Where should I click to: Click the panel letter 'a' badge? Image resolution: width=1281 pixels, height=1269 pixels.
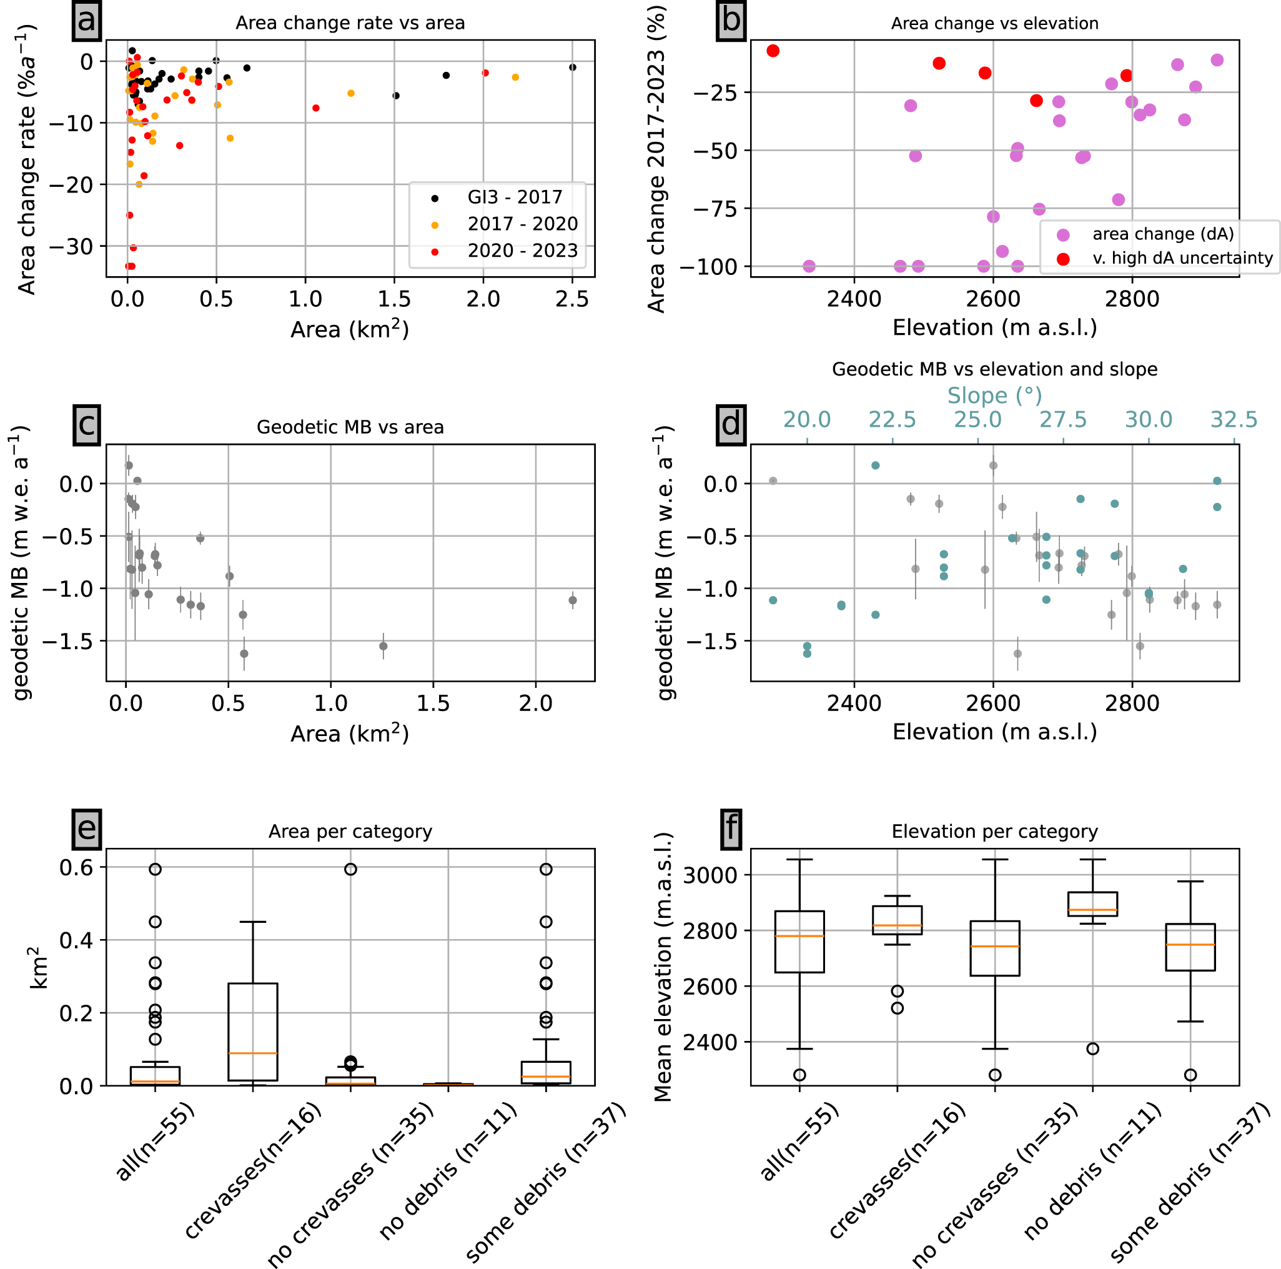point(87,20)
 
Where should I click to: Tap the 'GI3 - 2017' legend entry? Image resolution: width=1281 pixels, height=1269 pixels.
point(515,197)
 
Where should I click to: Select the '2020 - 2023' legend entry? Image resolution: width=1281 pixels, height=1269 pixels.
point(523,251)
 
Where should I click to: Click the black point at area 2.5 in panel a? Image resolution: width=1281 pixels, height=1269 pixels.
point(572,67)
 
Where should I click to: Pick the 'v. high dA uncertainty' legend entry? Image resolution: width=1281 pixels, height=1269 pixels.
point(1183,258)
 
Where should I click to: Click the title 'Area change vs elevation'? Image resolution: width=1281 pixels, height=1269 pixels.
point(994,23)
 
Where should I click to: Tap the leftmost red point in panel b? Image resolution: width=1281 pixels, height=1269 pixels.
point(773,51)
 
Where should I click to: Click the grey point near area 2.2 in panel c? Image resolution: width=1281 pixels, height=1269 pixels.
point(573,600)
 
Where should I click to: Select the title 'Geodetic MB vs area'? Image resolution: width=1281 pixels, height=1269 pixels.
point(350,427)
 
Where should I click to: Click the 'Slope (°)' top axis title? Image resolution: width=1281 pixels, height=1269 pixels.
point(994,396)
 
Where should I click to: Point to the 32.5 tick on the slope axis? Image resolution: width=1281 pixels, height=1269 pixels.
point(1234,420)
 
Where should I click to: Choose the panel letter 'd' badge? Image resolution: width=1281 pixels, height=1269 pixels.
point(731,424)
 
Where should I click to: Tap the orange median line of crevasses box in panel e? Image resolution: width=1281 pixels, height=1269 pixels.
point(252,1053)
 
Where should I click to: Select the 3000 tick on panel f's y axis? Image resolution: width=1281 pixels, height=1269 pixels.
point(710,875)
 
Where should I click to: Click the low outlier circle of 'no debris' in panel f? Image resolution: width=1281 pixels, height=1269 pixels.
point(1093,1049)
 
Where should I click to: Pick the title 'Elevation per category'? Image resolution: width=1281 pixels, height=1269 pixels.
point(994,832)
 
